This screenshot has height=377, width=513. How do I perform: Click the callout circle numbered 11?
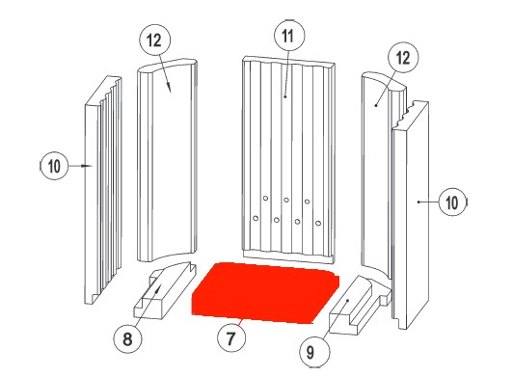289,36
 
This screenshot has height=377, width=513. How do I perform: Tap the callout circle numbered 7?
231,337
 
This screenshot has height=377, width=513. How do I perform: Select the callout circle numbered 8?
127,338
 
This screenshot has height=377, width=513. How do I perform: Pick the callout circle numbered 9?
310,352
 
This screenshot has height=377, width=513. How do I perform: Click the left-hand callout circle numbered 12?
155,40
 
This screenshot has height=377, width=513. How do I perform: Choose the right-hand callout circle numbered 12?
403,58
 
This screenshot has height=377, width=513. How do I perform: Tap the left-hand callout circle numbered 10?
54,166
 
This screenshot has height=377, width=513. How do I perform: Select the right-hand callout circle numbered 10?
452,202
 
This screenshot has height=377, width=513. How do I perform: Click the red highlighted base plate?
265,292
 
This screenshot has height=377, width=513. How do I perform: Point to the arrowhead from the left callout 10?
88,166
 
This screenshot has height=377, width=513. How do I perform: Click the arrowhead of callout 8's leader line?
159,288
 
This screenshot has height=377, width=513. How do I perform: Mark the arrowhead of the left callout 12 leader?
170,88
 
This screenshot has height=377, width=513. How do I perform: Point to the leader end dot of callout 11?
285,96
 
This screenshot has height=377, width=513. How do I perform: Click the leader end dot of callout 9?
348,301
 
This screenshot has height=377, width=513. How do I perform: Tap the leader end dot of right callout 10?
418,202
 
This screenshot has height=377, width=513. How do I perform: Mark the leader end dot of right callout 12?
376,105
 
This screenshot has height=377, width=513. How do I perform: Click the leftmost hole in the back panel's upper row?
266,199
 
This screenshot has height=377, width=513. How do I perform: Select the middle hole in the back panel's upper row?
286,200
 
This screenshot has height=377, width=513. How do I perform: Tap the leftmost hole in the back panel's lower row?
256,218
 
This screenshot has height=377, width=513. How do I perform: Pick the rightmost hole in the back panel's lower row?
318,223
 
